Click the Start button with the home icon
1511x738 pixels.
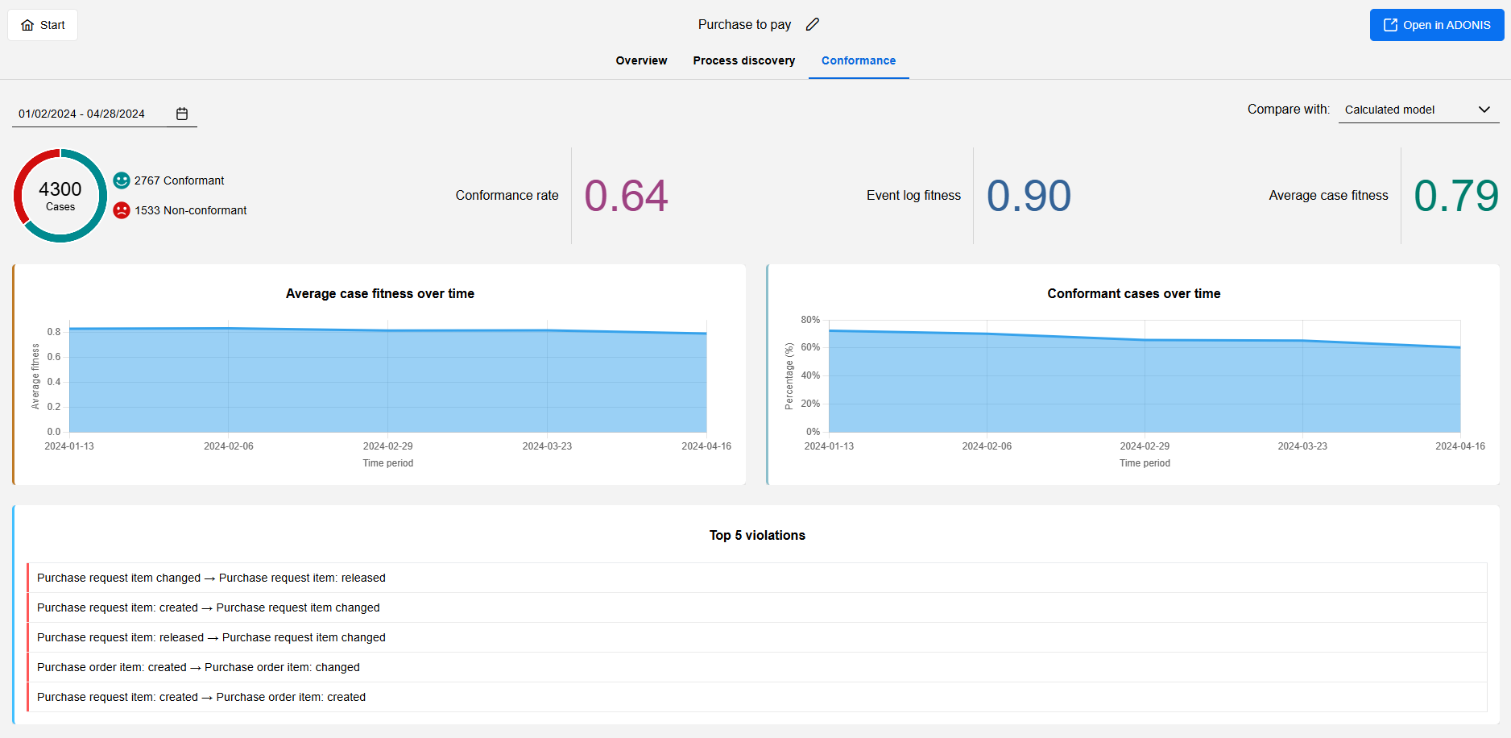(43, 25)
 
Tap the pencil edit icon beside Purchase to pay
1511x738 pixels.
(813, 24)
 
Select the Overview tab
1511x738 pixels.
(641, 60)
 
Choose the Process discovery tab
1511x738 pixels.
(743, 60)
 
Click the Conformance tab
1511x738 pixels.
(858, 60)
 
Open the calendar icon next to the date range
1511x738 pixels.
(182, 114)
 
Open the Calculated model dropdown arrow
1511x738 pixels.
(1484, 110)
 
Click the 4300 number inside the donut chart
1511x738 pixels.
(60, 189)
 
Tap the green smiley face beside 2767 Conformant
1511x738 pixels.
(122, 180)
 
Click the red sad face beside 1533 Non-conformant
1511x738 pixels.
(122, 210)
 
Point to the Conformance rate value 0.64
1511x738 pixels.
(626, 196)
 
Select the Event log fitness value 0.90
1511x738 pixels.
(1029, 196)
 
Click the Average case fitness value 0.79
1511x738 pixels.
(1455, 196)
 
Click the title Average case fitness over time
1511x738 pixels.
(379, 294)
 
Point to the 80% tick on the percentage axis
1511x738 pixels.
(810, 320)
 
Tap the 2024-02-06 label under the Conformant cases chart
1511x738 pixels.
(987, 446)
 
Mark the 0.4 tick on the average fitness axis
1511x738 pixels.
(54, 382)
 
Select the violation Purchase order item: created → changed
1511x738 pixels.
(198, 667)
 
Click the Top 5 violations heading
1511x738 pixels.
(757, 536)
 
